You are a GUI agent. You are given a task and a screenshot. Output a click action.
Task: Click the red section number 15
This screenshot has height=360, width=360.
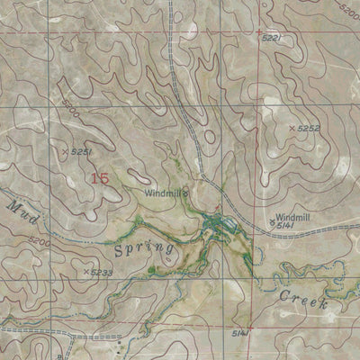(x=99, y=178)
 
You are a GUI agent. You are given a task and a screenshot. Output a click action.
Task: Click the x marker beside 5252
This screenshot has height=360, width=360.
(x=292, y=130)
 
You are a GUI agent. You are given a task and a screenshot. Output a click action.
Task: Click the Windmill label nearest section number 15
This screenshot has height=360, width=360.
(x=165, y=193)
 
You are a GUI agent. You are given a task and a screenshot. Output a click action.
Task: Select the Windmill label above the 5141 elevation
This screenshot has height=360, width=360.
(x=293, y=218)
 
